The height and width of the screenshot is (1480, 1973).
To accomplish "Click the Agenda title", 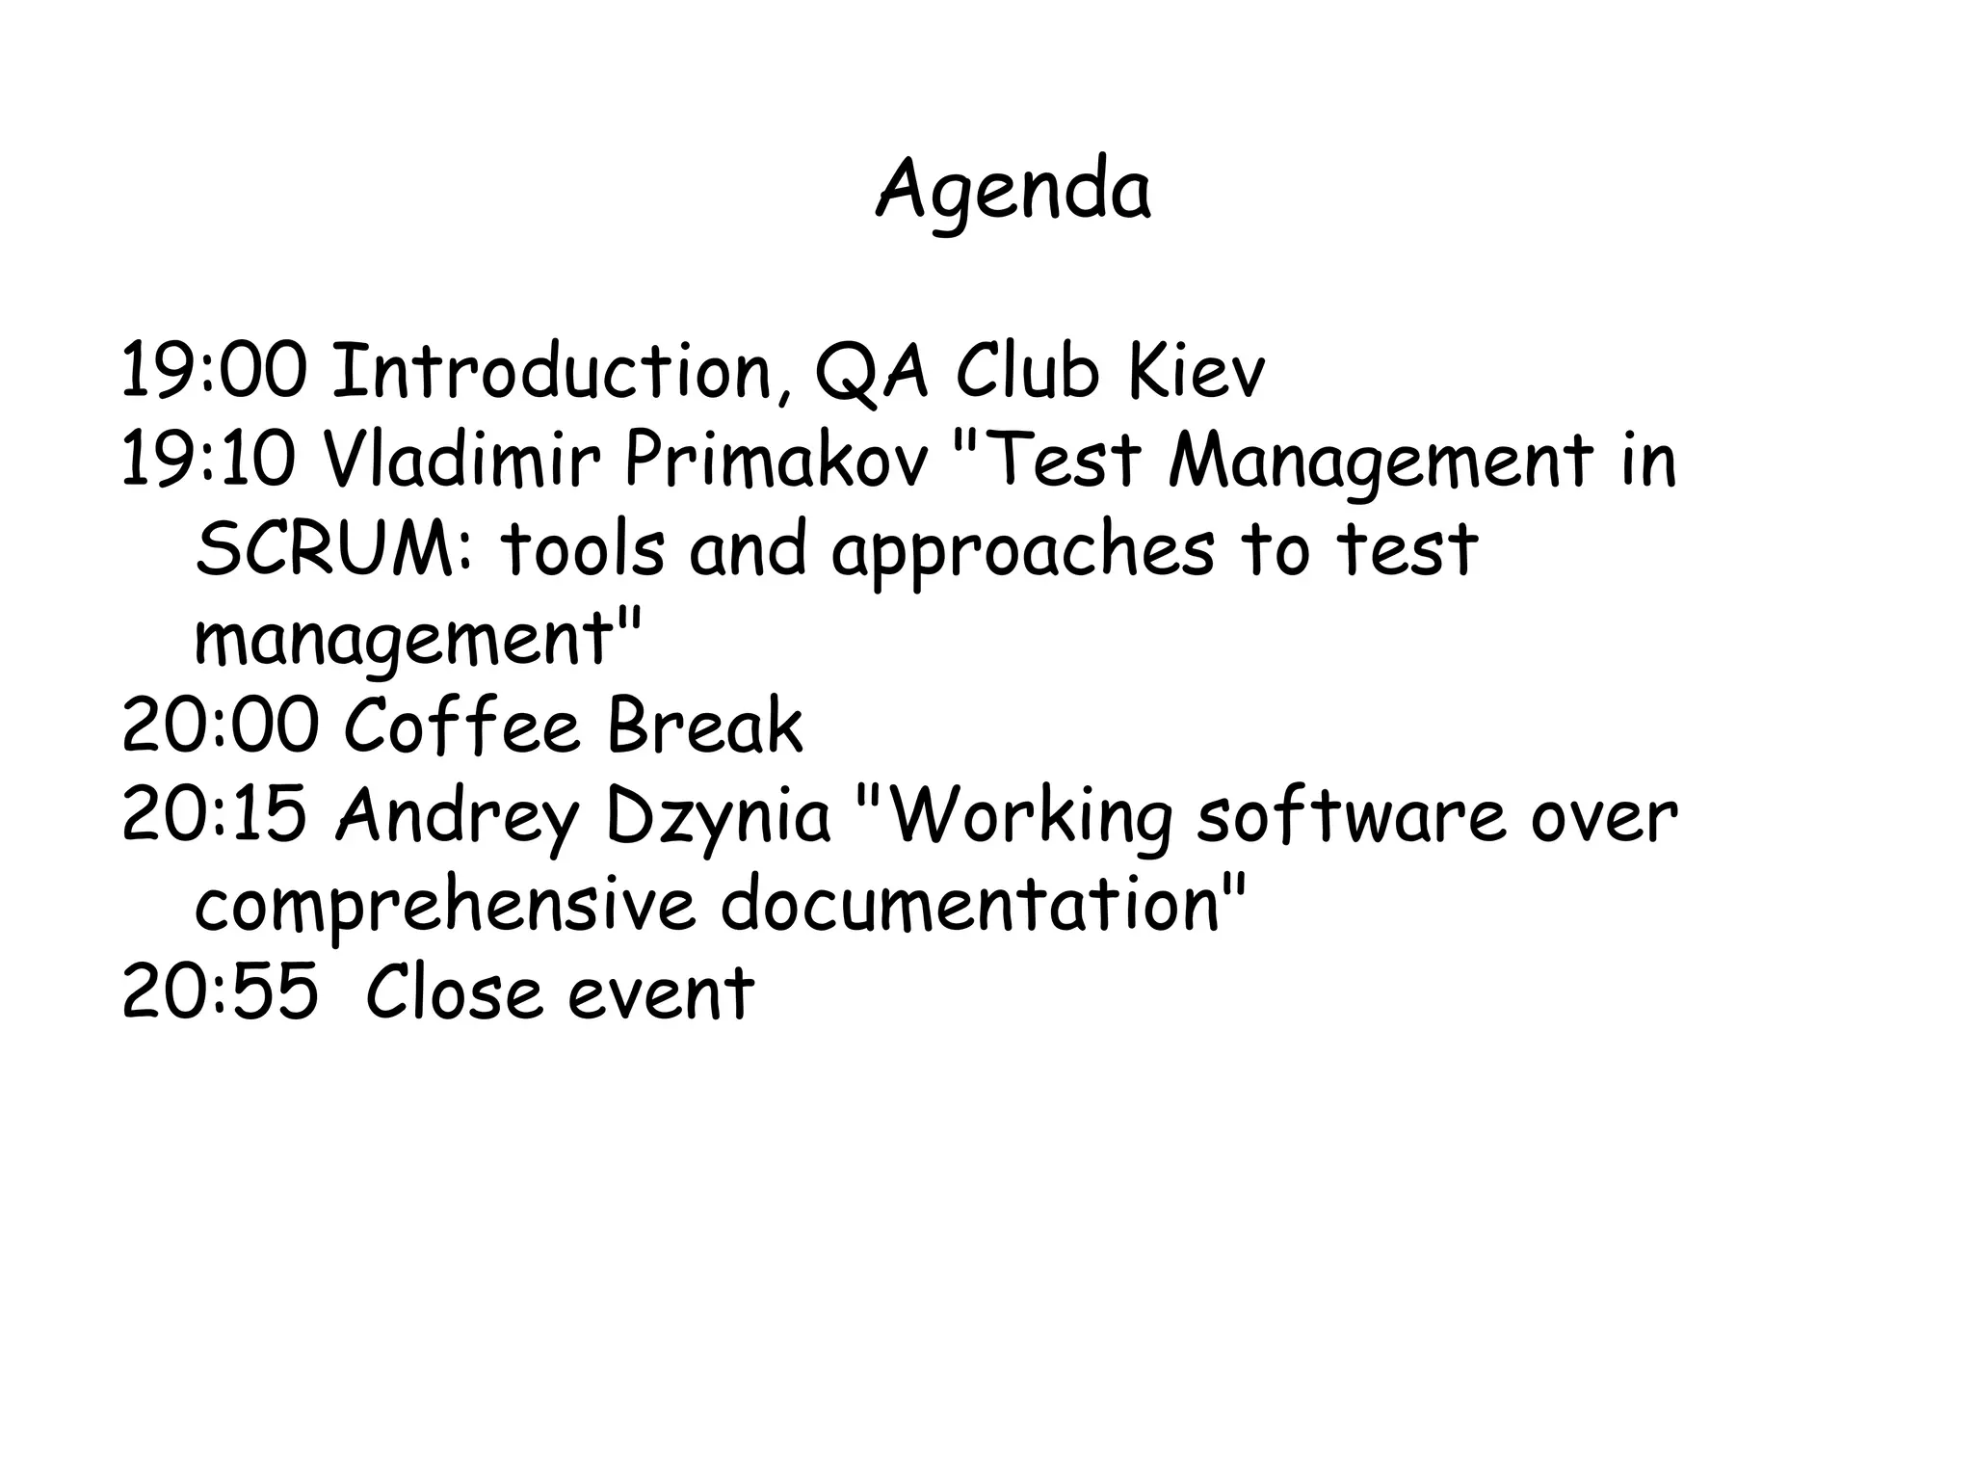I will click(1013, 191).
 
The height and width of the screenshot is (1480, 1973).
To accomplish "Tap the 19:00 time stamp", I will click(214, 371).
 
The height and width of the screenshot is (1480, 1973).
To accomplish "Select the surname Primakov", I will click(776, 460).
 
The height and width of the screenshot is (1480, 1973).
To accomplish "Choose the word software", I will click(1350, 815).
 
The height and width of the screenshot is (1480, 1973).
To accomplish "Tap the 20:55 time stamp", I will click(220, 992).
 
